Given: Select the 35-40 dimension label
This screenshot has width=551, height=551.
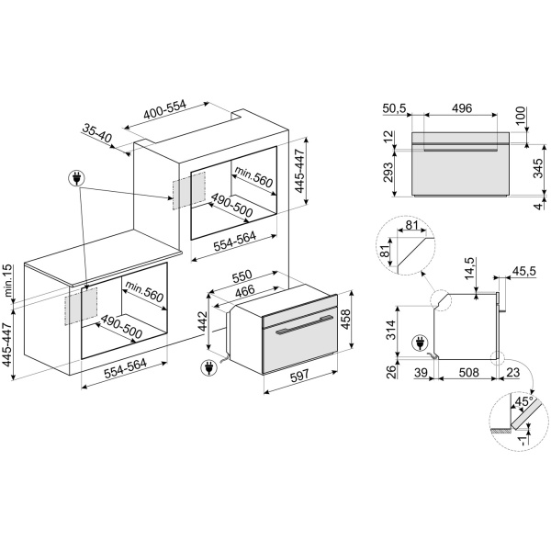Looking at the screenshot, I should [96, 136].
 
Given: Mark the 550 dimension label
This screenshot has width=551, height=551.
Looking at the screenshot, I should [242, 275].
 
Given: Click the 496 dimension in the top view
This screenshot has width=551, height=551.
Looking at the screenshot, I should [462, 107].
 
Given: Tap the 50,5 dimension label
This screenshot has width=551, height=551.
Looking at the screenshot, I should [394, 107].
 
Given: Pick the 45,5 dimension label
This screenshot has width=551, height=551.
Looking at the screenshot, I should [525, 273].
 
